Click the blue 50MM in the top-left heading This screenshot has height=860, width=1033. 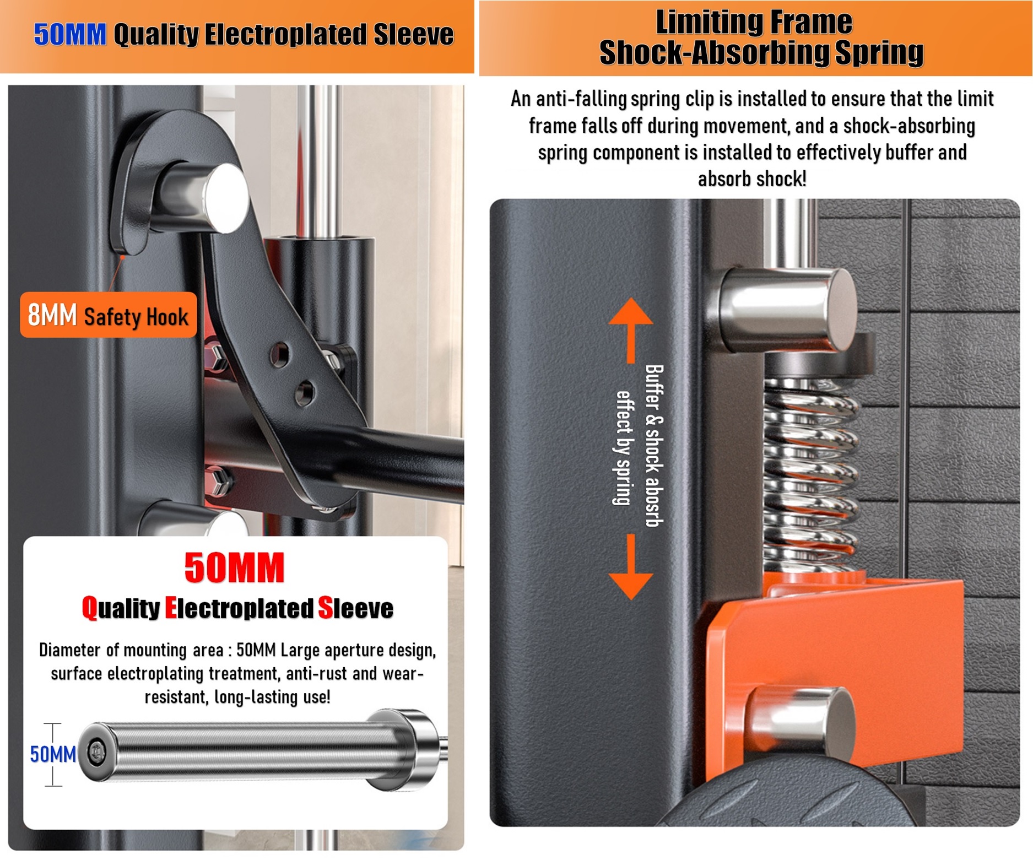coord(70,35)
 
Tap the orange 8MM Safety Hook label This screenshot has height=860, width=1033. coord(108,316)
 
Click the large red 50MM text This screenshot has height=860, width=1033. coord(234,568)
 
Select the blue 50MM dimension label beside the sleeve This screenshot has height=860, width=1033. coord(53,754)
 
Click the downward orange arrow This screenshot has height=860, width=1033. coord(630,567)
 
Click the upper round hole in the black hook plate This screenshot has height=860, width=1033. coord(279,354)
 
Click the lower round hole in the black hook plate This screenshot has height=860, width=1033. coord(304,393)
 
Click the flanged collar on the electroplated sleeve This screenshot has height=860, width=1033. coord(405,749)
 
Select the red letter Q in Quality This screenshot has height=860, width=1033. coord(90,608)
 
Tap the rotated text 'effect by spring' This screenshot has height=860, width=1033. coord(623,447)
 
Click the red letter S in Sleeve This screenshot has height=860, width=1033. coord(326,608)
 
